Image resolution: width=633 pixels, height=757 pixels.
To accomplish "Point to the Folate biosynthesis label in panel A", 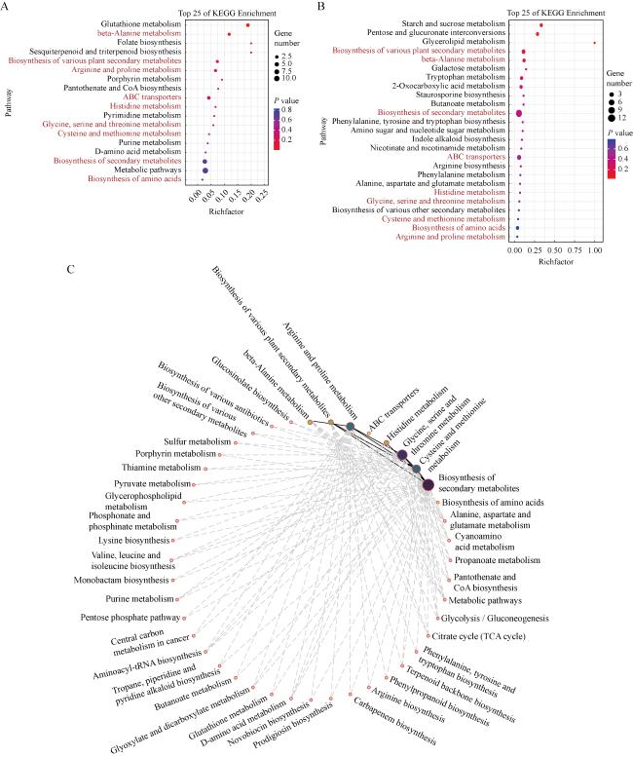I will coord(149,42).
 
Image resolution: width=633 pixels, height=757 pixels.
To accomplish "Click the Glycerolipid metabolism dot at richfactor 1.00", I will coord(594,43).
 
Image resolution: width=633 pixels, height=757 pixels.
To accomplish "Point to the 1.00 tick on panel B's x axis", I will coord(594,252).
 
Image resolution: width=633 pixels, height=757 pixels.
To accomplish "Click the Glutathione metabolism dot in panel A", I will coord(248,24).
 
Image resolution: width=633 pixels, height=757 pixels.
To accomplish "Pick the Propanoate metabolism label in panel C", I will coord(499,560).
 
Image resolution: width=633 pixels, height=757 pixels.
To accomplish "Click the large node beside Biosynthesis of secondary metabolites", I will coord(426,484).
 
